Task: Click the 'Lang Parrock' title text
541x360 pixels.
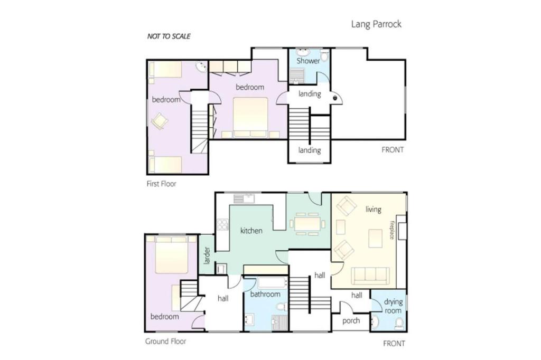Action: click(x=376, y=24)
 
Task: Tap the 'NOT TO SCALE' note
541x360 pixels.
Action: click(x=169, y=36)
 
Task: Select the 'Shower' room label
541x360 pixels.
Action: click(x=308, y=61)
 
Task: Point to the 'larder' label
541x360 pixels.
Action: click(x=207, y=255)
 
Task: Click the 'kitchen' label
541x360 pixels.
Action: click(x=251, y=230)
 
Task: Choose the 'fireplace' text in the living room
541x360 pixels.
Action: click(x=392, y=230)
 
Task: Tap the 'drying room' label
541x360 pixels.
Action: click(x=393, y=306)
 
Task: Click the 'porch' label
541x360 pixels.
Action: click(x=351, y=321)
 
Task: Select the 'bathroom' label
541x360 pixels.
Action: click(x=265, y=294)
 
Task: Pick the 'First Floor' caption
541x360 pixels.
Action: click(x=161, y=184)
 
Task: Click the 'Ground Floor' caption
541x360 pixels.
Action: click(x=165, y=342)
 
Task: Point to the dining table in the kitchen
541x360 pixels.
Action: click(x=308, y=224)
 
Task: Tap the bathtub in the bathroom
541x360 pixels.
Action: click(x=273, y=283)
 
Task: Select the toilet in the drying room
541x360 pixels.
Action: click(x=399, y=324)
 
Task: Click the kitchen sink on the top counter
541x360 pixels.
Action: click(x=244, y=198)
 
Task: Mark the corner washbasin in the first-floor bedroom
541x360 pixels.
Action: click(x=201, y=67)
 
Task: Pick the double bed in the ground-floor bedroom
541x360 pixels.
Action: click(x=172, y=254)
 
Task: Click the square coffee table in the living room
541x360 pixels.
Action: click(x=375, y=239)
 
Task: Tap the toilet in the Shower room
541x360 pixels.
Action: click(x=324, y=55)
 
